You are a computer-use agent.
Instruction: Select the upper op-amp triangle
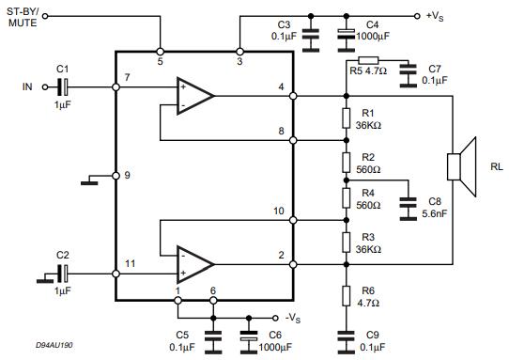point(193,96)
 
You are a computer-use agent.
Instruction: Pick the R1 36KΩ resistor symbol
point(346,117)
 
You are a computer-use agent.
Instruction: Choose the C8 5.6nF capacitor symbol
point(408,208)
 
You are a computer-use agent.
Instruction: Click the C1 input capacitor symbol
point(63,87)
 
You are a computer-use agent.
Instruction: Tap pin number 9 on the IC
point(127,175)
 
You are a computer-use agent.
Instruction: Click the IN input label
point(28,87)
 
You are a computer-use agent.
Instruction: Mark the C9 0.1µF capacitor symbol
point(346,334)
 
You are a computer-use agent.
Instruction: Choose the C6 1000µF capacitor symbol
point(249,334)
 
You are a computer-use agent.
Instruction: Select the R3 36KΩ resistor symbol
point(346,242)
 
